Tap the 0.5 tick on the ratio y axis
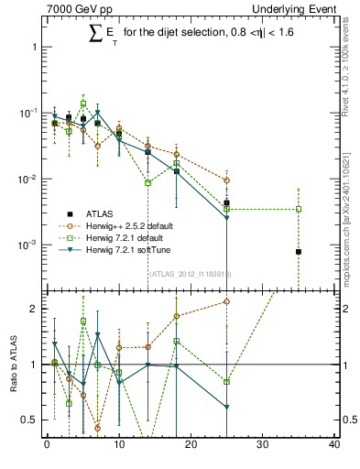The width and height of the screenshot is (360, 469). coord(32,420)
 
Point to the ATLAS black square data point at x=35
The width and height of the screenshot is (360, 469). coord(299,251)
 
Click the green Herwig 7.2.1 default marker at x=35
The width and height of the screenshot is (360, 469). coord(299,209)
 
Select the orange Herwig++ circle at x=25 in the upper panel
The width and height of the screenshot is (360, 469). coord(226,180)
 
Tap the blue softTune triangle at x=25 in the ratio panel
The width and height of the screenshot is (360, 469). coord(226,407)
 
